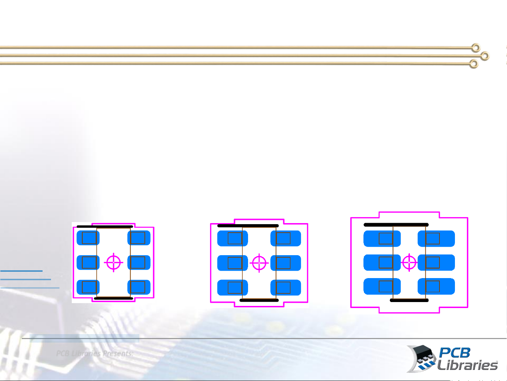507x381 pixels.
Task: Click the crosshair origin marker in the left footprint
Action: tap(113, 263)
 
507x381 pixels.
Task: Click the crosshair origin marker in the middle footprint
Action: tap(259, 263)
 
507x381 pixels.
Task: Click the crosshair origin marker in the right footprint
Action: tap(409, 262)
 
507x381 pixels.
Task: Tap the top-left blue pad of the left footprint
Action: tap(88, 238)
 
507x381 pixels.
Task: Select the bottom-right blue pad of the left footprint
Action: tap(139, 287)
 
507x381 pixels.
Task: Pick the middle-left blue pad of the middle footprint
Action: tap(232, 263)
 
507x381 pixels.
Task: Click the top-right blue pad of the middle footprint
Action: tap(286, 239)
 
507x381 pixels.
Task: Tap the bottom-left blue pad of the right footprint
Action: tap(382, 286)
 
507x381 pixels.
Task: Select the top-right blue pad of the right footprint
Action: tap(436, 239)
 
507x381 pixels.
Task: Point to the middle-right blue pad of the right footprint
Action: tap(436, 263)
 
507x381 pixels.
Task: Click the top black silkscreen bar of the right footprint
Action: tap(396, 225)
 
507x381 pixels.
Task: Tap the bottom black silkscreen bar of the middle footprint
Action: tap(259, 300)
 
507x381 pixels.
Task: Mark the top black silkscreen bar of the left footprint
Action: tap(104, 227)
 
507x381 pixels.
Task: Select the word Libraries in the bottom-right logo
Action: tap(467, 365)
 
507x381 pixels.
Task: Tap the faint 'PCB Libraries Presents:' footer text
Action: tap(95, 354)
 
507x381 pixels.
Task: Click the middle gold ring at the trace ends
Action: tap(485, 56)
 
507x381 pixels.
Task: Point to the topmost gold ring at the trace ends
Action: tap(476, 48)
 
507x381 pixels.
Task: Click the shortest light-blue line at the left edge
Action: tap(21, 271)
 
